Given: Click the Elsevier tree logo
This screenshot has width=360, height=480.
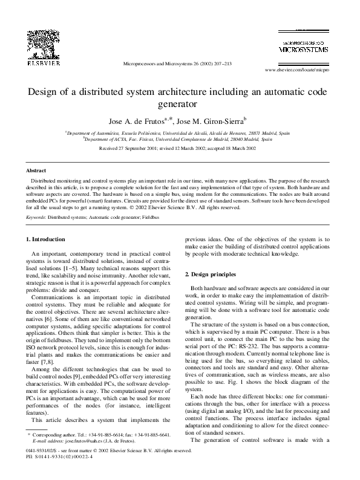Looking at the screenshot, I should click(43, 41).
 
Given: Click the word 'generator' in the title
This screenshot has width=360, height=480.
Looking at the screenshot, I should click(180, 103).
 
